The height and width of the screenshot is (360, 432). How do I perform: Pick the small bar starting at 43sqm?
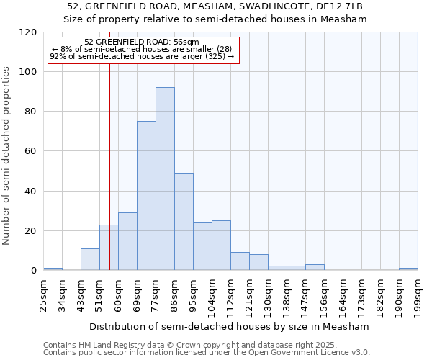[90, 259]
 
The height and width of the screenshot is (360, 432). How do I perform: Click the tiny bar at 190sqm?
[408, 269]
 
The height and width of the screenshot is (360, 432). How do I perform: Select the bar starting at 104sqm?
[221, 246]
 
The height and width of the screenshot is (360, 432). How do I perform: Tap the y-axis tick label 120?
[28, 32]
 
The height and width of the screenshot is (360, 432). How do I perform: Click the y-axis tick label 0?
[34, 271]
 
